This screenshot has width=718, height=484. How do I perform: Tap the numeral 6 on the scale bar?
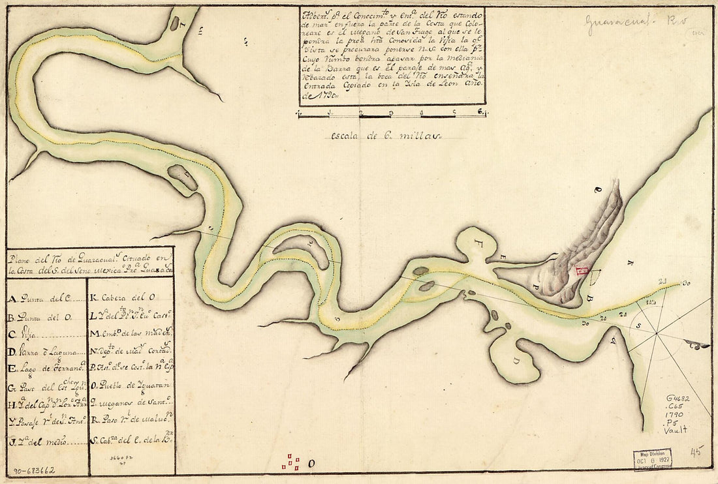[480, 111]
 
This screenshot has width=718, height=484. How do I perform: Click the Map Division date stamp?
[652, 459]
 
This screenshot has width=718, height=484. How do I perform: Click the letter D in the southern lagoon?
[516, 361]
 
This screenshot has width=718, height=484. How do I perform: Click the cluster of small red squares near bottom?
[290, 462]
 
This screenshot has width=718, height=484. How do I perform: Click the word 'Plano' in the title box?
[21, 255]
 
